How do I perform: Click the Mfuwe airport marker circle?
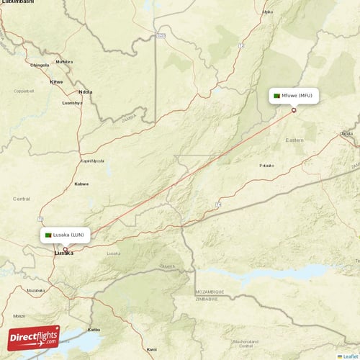click(294, 110)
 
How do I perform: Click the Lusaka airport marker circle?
click(65, 249)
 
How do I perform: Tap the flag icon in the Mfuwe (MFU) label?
click(276, 96)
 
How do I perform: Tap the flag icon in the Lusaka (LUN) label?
click(49, 235)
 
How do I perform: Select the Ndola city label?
click(86, 92)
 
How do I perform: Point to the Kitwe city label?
click(55, 81)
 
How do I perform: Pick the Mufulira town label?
click(64, 62)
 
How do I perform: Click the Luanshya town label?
click(73, 103)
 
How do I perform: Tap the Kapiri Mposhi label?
click(92, 161)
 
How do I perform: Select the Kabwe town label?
click(81, 184)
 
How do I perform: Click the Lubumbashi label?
click(17, 3)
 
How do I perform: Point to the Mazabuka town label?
click(37, 290)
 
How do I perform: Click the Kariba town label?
click(94, 329)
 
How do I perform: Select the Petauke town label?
click(267, 166)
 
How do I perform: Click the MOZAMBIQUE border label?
click(210, 292)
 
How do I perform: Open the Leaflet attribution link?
click(348, 356)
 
